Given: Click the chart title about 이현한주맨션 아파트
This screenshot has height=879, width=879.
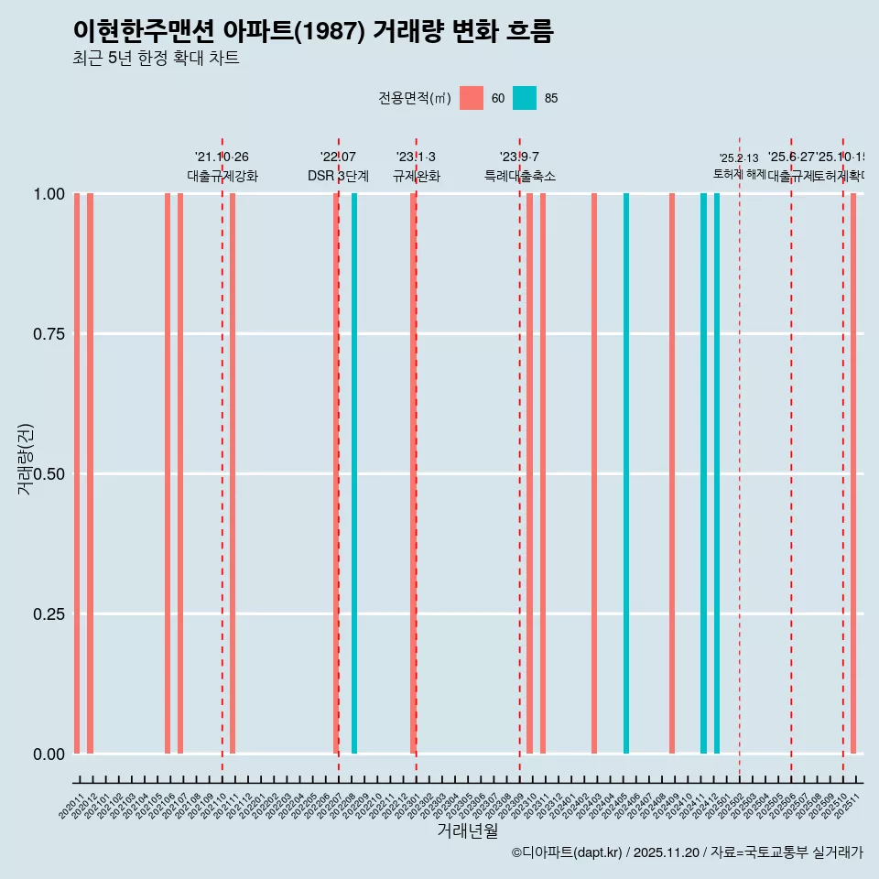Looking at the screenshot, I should tap(313, 31).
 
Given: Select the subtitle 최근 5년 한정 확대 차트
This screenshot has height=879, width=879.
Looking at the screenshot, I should tap(156, 59).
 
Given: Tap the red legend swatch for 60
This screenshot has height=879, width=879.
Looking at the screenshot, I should tap(472, 98).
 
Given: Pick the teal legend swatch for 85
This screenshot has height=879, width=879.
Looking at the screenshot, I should tap(525, 98).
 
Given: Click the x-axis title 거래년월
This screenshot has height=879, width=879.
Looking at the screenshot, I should tap(467, 831).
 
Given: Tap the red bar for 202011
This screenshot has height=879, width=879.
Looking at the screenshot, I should tap(77, 473).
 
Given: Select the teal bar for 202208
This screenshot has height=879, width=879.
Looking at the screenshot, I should tap(354, 473).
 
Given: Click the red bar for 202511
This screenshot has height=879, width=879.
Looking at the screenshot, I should tap(853, 473).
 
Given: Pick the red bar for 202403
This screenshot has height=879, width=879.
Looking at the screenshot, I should tap(594, 473).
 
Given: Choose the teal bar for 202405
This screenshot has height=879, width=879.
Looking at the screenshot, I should tap(626, 473).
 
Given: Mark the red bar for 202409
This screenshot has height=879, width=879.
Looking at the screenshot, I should tap(672, 473).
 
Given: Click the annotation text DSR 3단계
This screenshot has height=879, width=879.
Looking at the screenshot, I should tap(338, 176).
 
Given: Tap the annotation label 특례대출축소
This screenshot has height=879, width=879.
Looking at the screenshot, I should tap(520, 176).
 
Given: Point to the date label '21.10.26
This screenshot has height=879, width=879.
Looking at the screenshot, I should tap(222, 157).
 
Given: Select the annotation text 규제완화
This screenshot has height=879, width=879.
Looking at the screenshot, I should tap(417, 176).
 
